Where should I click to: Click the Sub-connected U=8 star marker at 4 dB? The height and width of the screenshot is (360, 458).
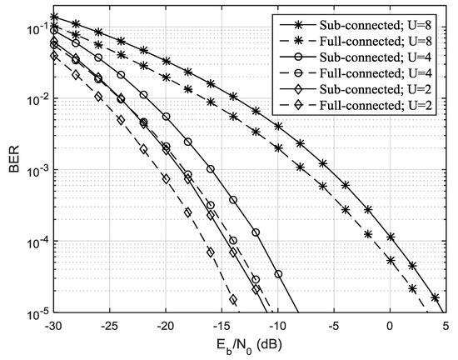pos(435,297)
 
